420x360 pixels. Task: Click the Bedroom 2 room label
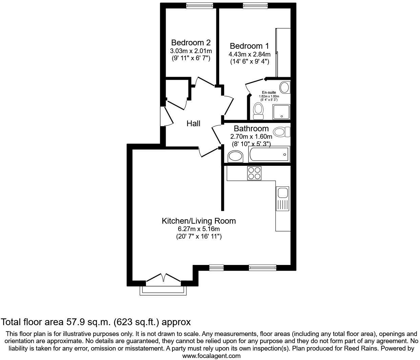[191, 43]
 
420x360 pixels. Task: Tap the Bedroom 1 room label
[249, 46]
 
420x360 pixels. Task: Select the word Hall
[193, 123]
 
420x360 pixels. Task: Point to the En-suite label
[269, 92]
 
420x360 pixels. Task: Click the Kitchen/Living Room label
[199, 221]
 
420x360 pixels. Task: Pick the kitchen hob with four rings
[254, 173]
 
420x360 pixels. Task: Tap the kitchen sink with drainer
[282, 199]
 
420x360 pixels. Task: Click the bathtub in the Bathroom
[269, 154]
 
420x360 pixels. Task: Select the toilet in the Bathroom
[281, 132]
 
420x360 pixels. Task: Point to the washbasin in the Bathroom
[235, 156]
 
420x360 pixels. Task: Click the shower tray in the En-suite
[281, 112]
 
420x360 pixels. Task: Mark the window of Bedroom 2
[200, 5]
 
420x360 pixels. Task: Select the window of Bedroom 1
[255, 5]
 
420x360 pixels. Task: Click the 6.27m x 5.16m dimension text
[199, 229]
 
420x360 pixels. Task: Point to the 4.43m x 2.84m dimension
[250, 54]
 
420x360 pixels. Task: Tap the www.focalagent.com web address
[211, 356]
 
